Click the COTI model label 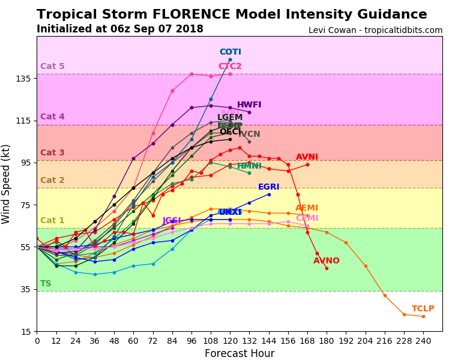pyautogui.click(x=230, y=52)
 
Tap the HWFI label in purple pyautogui.click(x=249, y=105)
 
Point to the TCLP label pyautogui.click(x=423, y=309)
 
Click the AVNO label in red pyautogui.click(x=326, y=261)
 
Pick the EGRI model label pyautogui.click(x=268, y=187)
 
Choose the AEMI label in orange pyautogui.click(x=307, y=208)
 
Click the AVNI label pyautogui.click(x=307, y=157)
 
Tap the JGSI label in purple pyautogui.click(x=172, y=221)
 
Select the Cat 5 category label pyautogui.click(x=52, y=67)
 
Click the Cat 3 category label pyautogui.click(x=52, y=153)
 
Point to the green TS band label pyautogui.click(x=46, y=284)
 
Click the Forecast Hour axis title pyautogui.click(x=239, y=353)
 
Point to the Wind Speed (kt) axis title pyautogui.click(x=7, y=184)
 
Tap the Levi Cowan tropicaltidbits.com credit pyautogui.click(x=375, y=30)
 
